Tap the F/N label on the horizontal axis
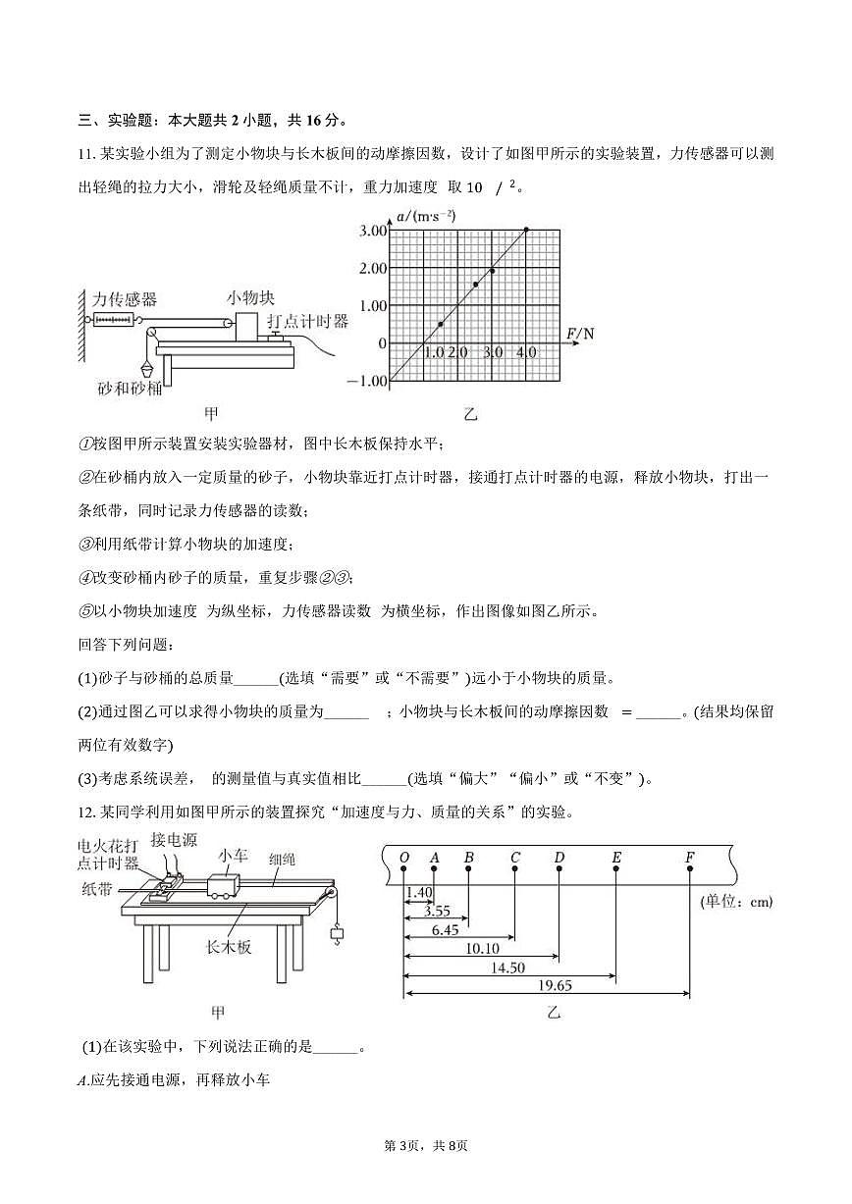pyautogui.click(x=580, y=335)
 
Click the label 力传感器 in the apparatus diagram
pyautogui.click(x=125, y=299)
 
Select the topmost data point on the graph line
pyautogui.click(x=527, y=230)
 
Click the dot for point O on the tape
pyautogui.click(x=403, y=871)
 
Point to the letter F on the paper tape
pyautogui.click(x=690, y=858)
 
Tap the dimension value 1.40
pyautogui.click(x=418, y=892)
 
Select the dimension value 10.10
pyautogui.click(x=481, y=948)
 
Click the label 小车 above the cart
pyautogui.click(x=234, y=854)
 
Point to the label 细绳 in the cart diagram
pyautogui.click(x=283, y=859)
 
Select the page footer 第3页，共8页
pyautogui.click(x=426, y=1146)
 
